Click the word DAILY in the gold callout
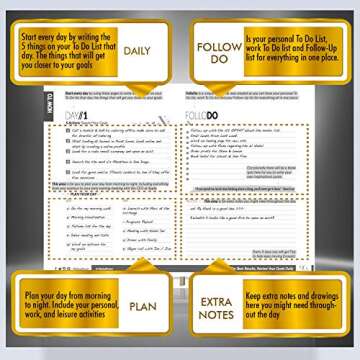[136, 51]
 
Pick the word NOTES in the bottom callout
[217, 317]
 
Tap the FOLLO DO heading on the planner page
[208, 116]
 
